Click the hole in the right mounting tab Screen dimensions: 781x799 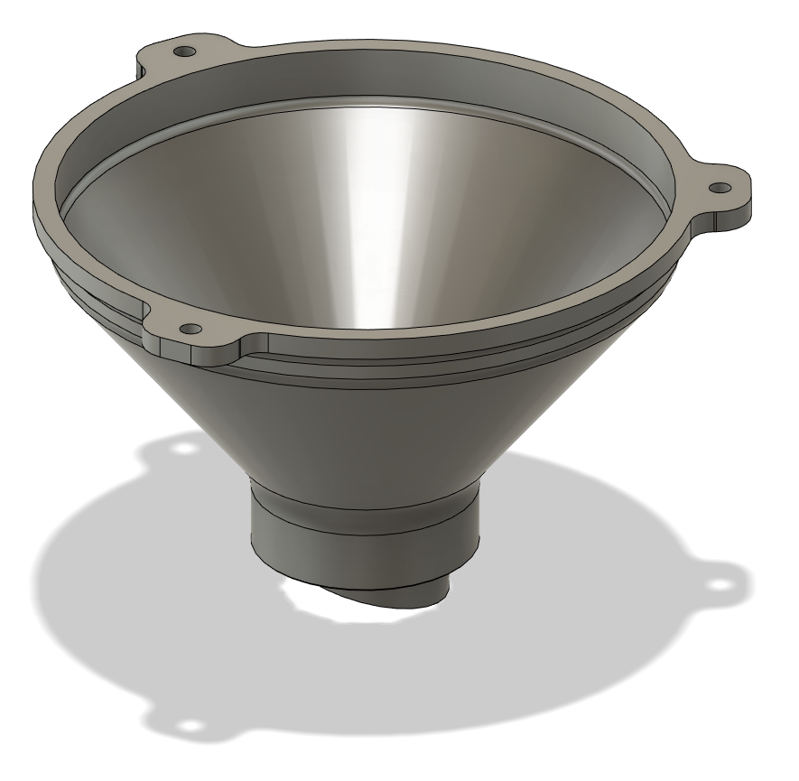[720, 187]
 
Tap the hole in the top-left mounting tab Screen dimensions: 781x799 [186, 51]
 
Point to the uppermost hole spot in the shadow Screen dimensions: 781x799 [185, 447]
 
